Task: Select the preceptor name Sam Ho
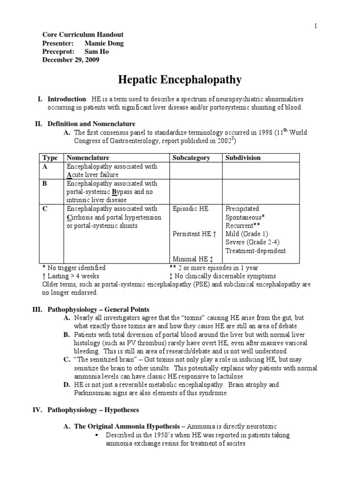97,52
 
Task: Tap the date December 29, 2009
71,60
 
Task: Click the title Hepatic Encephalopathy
180,80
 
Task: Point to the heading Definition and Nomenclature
91,124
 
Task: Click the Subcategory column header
191,158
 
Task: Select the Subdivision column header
243,158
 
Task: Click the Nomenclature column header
89,158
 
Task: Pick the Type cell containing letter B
45,184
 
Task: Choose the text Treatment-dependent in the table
255,251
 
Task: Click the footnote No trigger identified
74,268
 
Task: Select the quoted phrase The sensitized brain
103,360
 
